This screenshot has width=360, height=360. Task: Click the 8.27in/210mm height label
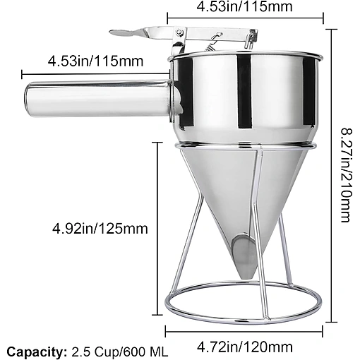[347, 175]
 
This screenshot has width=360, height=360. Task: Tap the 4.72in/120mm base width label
[244, 347]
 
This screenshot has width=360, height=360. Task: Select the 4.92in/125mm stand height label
[100, 229]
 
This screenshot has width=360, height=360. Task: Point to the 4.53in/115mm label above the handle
[95, 61]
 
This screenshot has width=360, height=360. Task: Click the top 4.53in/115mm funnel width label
[244, 6]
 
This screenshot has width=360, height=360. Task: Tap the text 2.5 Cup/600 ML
[120, 352]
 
